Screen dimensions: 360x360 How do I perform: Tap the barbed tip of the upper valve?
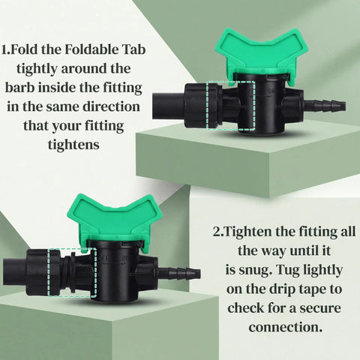tap(325, 105)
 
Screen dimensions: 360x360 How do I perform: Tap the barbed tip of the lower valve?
tap(179, 272)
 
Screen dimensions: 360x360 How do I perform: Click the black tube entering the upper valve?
tap(169, 106)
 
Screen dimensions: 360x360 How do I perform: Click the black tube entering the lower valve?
tap(15, 272)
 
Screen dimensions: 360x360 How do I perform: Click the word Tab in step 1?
tap(133, 49)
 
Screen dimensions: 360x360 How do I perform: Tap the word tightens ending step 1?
tap(73, 145)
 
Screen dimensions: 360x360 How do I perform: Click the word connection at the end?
tap(286, 327)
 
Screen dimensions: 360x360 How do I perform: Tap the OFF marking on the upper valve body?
tap(250, 91)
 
